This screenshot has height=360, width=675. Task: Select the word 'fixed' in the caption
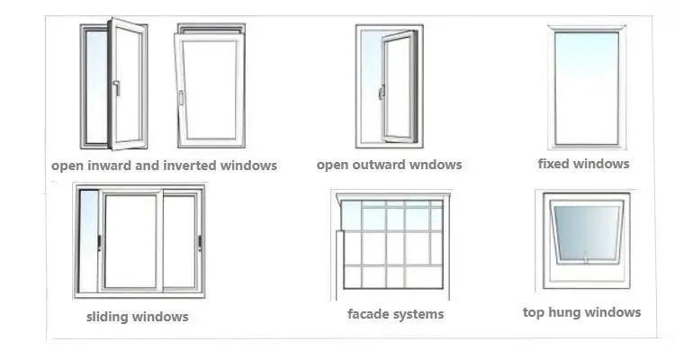pyautogui.click(x=555, y=164)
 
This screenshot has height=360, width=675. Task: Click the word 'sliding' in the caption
pyautogui.click(x=108, y=317)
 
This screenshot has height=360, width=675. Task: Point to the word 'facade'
pyautogui.click(x=369, y=314)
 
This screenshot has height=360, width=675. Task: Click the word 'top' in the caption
pyautogui.click(x=535, y=312)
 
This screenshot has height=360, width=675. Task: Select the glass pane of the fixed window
pyautogui.click(x=586, y=87)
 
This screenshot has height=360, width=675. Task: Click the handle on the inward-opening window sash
pyautogui.click(x=116, y=87)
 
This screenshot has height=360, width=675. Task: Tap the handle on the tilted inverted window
pyautogui.click(x=181, y=96)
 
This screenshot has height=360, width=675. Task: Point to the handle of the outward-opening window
pyautogui.click(x=382, y=91)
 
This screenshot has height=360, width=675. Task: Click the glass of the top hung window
pyautogui.click(x=586, y=230)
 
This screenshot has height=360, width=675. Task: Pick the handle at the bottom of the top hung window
pyautogui.click(x=586, y=259)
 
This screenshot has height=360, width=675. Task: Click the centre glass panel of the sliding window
pyautogui.click(x=131, y=240)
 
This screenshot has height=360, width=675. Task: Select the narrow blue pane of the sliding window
pyautogui.click(x=88, y=240)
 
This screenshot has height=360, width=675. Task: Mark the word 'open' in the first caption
pyautogui.click(x=67, y=166)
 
